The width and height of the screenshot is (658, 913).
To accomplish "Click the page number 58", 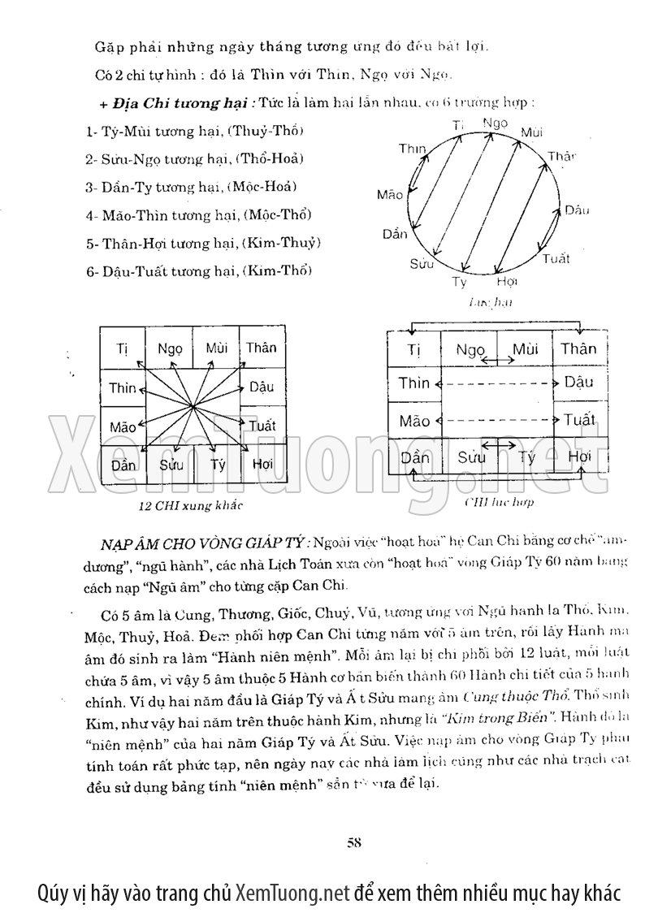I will pyautogui.click(x=353, y=841).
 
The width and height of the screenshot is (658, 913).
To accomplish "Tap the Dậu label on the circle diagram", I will pyautogui.click(x=577, y=210).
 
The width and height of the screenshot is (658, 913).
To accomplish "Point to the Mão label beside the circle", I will pyautogui.click(x=390, y=195).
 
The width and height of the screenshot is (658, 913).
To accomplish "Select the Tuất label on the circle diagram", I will pyautogui.click(x=556, y=259).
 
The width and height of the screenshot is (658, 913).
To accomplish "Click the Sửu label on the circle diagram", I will pyautogui.click(x=422, y=263).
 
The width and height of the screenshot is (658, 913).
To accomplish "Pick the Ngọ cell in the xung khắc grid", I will pyautogui.click(x=171, y=348).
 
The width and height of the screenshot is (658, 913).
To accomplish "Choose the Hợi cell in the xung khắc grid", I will pyautogui.click(x=262, y=465).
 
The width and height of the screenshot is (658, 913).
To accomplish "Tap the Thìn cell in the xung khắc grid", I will pyautogui.click(x=123, y=387).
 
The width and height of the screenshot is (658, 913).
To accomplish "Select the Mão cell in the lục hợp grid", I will pyautogui.click(x=414, y=421).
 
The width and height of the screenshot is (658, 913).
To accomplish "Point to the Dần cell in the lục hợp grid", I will pyautogui.click(x=414, y=457).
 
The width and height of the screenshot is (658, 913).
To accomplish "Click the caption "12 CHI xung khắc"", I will pyautogui.click(x=180, y=505).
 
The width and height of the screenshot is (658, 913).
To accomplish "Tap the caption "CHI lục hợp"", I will pyautogui.click(x=499, y=502).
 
